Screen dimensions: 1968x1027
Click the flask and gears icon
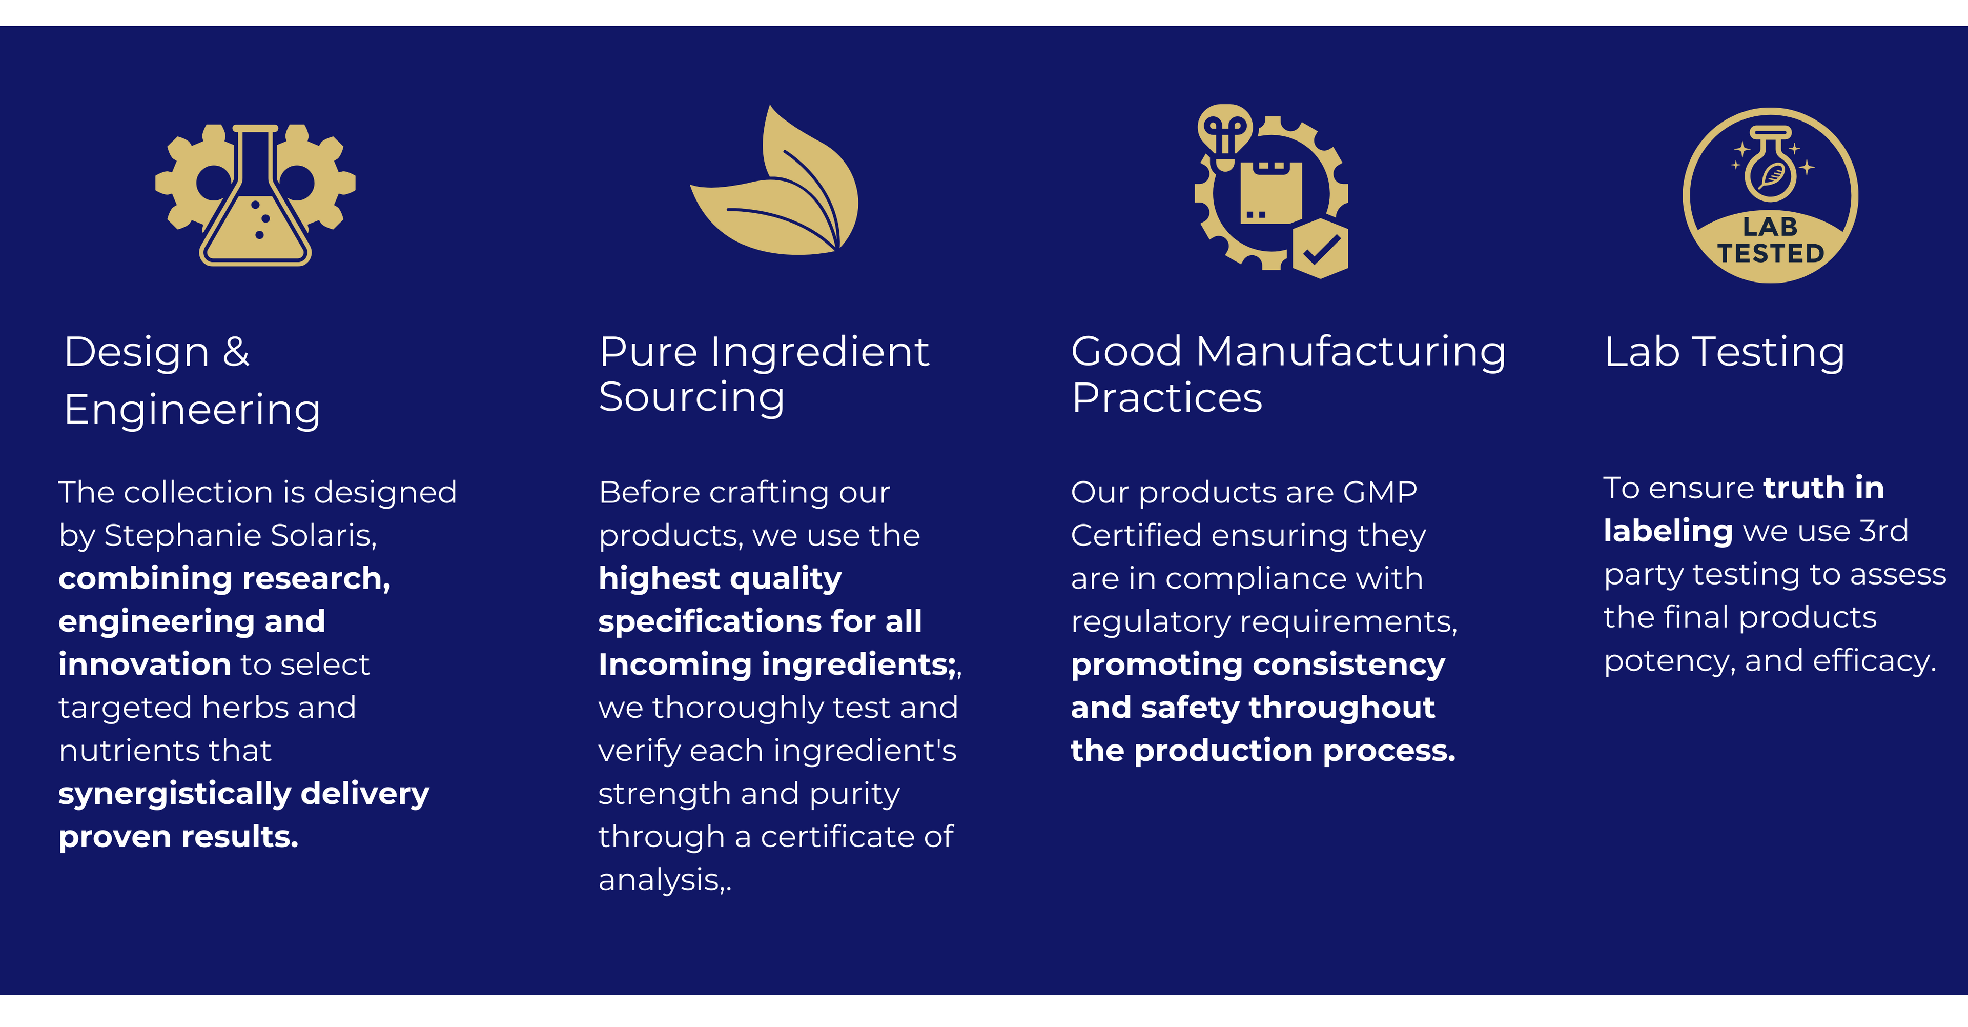pyautogui.click(x=255, y=195)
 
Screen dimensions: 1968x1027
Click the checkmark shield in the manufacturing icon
pyautogui.click(x=1320, y=248)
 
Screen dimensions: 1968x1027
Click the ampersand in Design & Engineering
pyautogui.click(x=236, y=352)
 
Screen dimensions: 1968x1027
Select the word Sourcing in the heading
pyautogui.click(x=691, y=397)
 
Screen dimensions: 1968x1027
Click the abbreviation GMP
pyautogui.click(x=1380, y=492)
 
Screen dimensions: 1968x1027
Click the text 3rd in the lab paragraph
pyautogui.click(x=1883, y=530)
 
